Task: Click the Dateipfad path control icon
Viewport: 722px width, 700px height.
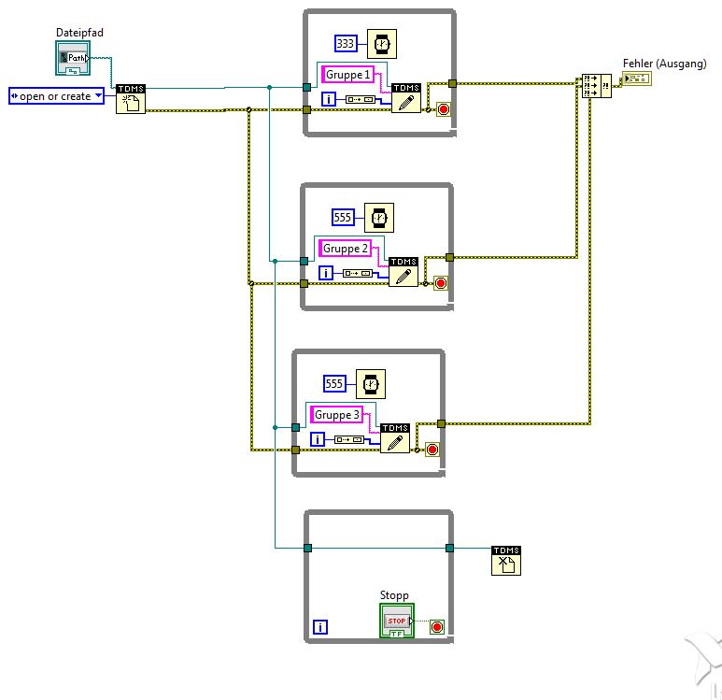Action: (72, 59)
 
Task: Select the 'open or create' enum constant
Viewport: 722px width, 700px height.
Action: (55, 95)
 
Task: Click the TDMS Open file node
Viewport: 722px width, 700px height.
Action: (130, 98)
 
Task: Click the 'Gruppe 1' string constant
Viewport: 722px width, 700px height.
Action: (348, 75)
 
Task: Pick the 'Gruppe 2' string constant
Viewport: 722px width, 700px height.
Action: (345, 248)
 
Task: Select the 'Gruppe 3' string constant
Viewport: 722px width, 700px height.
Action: (336, 415)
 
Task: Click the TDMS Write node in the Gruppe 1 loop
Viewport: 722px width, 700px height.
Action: (406, 98)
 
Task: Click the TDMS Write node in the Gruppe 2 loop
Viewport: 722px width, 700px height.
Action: (403, 271)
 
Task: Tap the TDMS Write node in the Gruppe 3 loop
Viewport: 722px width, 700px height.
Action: (395, 438)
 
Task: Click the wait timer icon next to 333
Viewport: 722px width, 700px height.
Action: (381, 43)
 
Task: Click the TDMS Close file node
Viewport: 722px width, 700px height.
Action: (506, 561)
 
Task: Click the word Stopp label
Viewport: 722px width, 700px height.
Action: (394, 595)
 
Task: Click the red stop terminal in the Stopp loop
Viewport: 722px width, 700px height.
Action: (436, 627)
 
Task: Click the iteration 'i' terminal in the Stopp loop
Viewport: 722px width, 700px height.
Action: (320, 627)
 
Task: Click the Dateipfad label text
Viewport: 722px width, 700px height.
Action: (78, 33)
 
